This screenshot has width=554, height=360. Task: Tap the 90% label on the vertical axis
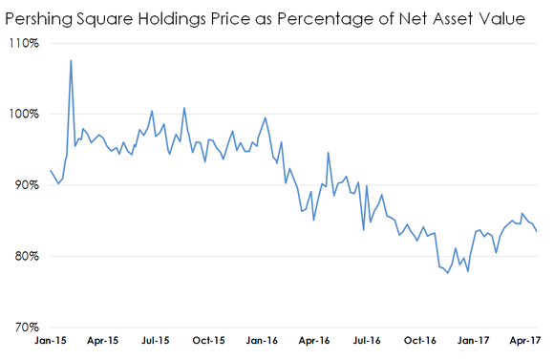[23, 185]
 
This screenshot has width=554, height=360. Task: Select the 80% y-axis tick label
[23, 256]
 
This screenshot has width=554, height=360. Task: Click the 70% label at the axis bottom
[23, 327]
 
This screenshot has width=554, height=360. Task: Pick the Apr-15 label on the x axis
[103, 340]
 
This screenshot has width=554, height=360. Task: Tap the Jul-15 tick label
[156, 340]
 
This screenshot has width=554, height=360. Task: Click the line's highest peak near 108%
[72, 61]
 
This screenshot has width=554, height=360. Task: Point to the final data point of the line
[536, 231]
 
